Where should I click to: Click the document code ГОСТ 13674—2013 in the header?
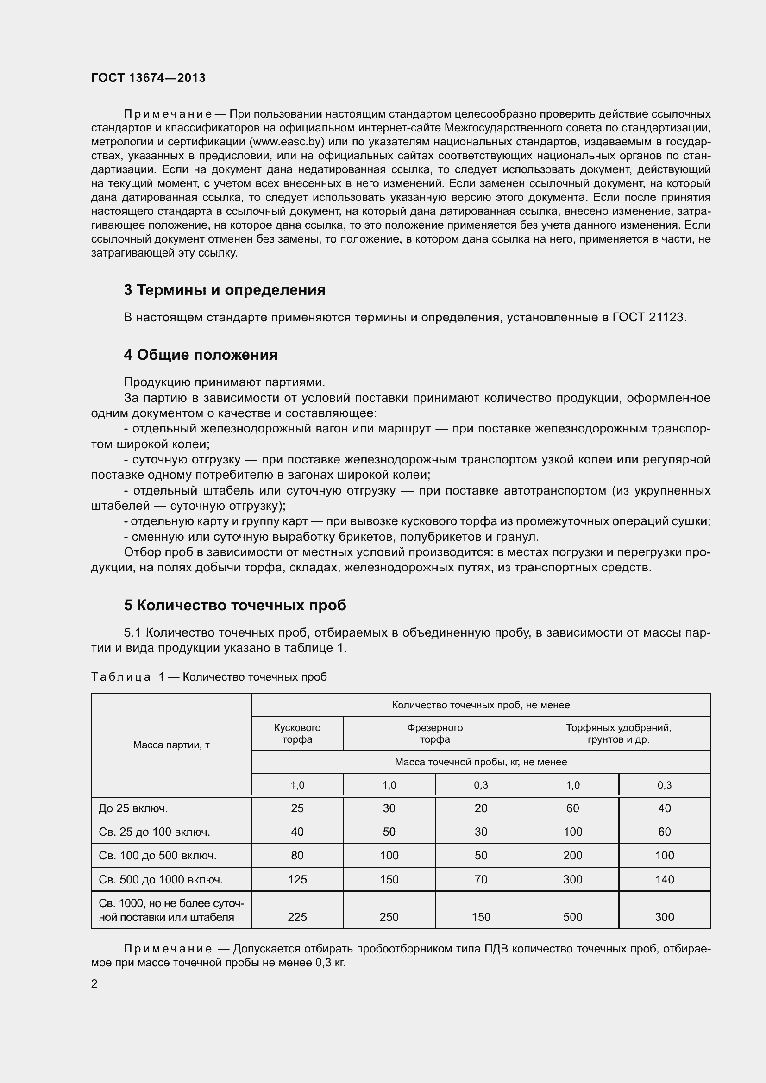click(x=148, y=78)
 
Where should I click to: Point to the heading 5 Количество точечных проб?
click(x=235, y=605)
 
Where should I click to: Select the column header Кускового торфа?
click(x=297, y=733)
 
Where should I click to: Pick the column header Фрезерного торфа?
click(x=434, y=733)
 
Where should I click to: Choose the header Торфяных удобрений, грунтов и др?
click(x=618, y=733)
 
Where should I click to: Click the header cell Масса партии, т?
click(x=171, y=745)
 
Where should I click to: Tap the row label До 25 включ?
click(x=133, y=808)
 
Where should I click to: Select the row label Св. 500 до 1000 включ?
click(x=160, y=879)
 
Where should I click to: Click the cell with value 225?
click(x=297, y=916)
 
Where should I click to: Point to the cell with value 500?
click(x=572, y=916)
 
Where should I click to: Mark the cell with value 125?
click(x=297, y=879)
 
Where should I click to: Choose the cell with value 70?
click(x=481, y=879)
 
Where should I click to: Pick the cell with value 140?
click(x=664, y=879)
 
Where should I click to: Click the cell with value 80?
click(x=297, y=855)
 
